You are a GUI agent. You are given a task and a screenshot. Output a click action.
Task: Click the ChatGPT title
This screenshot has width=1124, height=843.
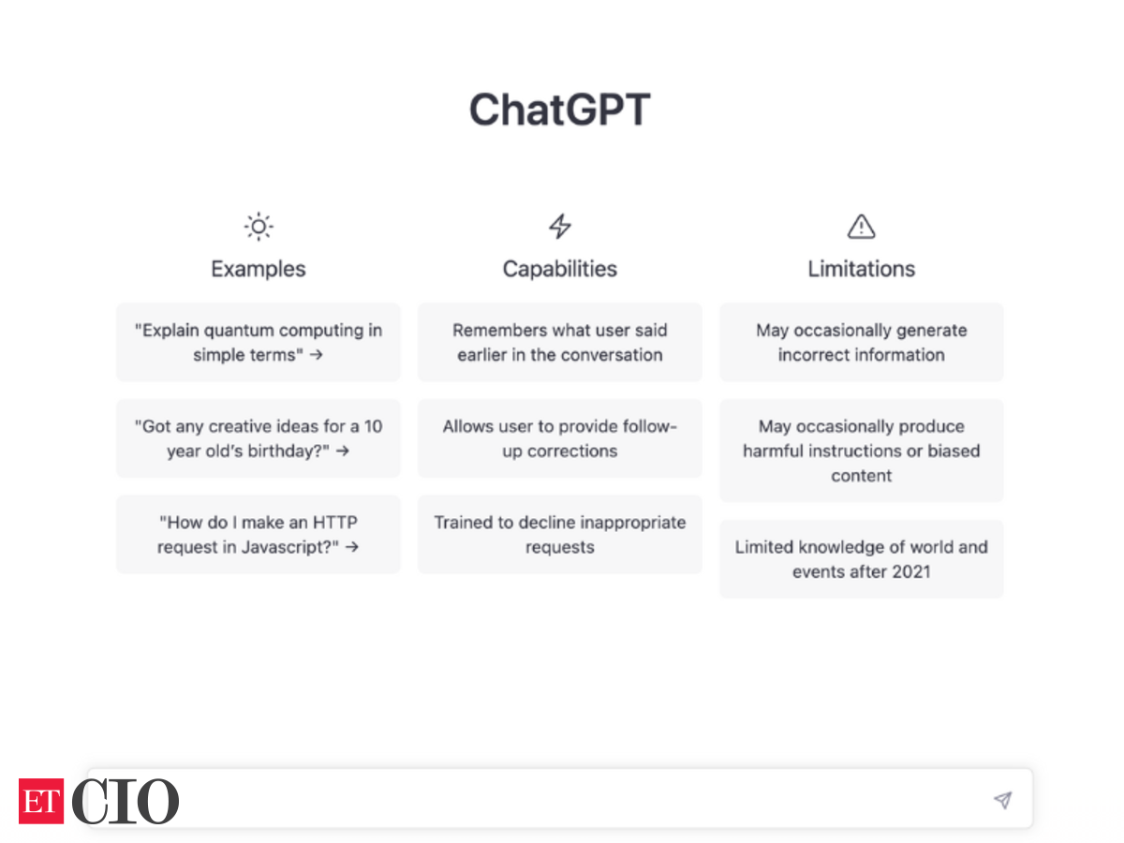coord(560,109)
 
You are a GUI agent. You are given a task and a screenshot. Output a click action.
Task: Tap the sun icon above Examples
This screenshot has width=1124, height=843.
coord(259,227)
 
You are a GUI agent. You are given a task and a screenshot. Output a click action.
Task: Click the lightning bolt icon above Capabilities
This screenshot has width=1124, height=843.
coord(560,227)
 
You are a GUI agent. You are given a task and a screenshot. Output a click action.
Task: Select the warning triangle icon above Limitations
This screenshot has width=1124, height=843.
coord(862,227)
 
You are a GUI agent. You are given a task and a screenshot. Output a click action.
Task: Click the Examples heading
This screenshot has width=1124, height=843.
coord(259,269)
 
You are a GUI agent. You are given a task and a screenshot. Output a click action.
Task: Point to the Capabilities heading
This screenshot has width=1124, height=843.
coord(560,269)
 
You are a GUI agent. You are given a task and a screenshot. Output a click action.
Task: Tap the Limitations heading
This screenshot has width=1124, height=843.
coord(862,269)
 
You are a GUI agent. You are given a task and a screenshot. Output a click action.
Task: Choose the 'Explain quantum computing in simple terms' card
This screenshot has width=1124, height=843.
coord(259,342)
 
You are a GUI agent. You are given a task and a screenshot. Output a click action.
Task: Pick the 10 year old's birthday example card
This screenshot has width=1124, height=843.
coord(259,438)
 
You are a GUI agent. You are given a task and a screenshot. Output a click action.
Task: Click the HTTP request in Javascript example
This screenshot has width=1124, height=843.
coord(259,534)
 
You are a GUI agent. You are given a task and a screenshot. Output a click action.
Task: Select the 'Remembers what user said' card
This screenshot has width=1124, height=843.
coord(560,342)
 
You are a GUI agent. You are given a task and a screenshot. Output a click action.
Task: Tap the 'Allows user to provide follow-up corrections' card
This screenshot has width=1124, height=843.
coord(560,438)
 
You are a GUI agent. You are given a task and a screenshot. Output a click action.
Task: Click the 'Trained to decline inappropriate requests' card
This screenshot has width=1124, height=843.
coord(560,534)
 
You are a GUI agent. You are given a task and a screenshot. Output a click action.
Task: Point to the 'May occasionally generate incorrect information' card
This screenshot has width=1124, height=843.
coord(862,342)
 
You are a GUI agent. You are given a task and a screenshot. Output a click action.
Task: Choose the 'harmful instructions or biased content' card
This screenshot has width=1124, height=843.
coord(862,451)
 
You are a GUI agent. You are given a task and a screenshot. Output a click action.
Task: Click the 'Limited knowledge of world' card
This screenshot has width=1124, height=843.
coord(862,559)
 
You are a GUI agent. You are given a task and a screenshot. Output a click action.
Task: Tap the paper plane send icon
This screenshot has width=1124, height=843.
coord(1002,800)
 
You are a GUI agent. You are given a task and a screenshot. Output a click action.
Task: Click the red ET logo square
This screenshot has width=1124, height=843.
coord(41,801)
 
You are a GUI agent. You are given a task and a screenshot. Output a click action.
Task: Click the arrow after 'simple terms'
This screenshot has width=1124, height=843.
coord(317,355)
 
